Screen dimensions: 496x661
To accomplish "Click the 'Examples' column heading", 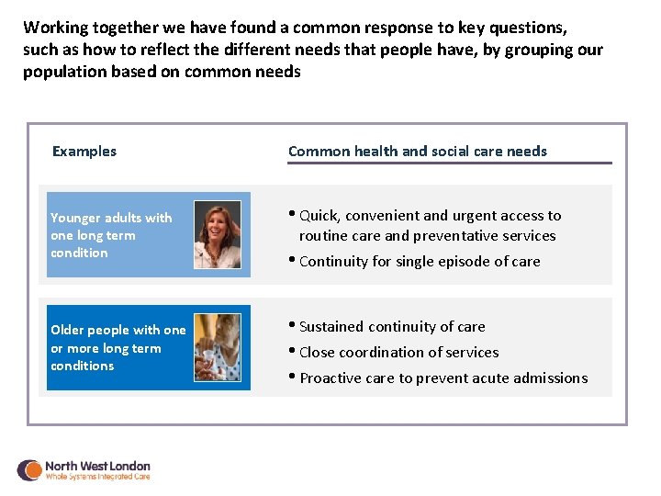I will (84, 152).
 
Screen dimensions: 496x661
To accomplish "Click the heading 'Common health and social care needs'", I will (417, 152).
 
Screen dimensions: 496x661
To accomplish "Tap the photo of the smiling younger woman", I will (218, 234).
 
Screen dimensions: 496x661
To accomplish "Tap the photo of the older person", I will (218, 347).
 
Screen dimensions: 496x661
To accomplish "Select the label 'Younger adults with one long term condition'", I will (111, 235).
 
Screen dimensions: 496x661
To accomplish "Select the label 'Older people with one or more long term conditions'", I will (118, 348).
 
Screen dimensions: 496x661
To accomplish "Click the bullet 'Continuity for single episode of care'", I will (420, 262).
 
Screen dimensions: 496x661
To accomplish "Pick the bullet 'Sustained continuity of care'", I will (392, 327).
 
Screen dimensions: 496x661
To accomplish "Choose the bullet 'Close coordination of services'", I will (398, 353).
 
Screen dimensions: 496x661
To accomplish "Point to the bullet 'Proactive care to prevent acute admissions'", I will (443, 378).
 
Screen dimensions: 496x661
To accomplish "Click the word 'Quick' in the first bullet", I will (319, 216).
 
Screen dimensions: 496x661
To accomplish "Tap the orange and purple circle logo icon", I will (29, 470).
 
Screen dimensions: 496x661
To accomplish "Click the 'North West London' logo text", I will (97, 466).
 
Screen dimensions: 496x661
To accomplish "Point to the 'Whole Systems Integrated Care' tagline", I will (97, 478).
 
